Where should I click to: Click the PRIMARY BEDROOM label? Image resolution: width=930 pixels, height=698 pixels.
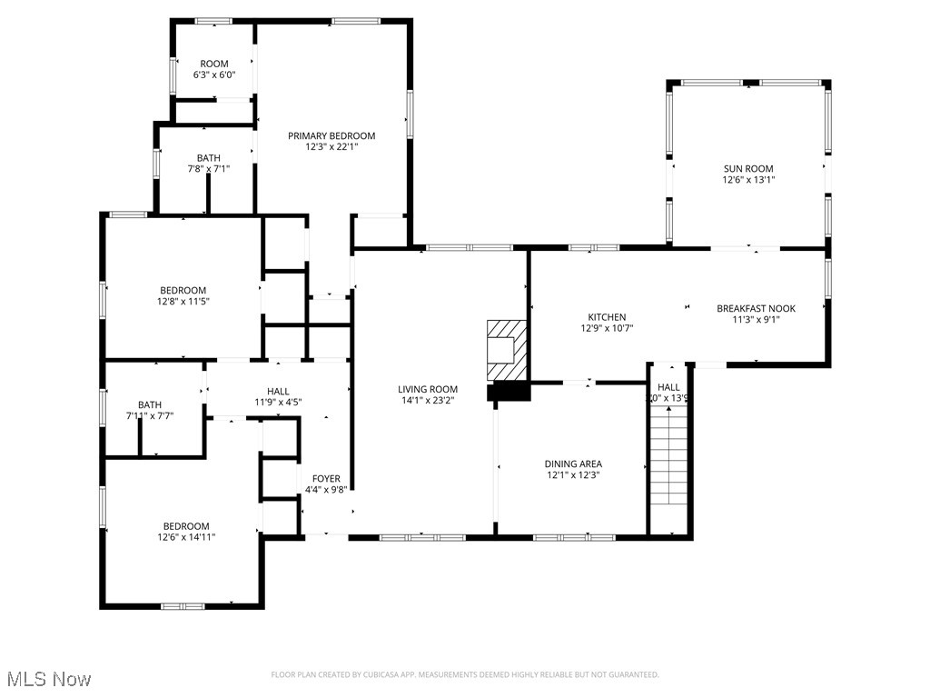click(331, 135)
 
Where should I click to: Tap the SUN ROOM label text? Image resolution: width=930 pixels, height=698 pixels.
click(748, 168)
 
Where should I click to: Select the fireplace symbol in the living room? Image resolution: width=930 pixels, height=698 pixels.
click(506, 351)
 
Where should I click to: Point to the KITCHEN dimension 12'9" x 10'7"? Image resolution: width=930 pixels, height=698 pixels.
click(607, 328)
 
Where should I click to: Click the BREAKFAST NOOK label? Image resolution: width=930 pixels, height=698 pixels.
click(756, 308)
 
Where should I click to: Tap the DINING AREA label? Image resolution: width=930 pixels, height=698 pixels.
click(573, 464)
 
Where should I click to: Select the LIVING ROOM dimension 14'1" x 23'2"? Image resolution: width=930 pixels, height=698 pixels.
click(427, 400)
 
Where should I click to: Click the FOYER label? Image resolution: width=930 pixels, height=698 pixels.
click(326, 479)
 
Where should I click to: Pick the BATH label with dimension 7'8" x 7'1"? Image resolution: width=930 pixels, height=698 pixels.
click(208, 158)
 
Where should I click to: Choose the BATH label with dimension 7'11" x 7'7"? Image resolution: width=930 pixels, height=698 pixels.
click(150, 405)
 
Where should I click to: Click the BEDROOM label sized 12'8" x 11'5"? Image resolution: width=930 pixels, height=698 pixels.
click(183, 291)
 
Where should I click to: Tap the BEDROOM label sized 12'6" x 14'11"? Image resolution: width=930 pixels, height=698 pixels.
click(186, 526)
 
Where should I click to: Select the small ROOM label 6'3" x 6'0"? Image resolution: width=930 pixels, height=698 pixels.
click(214, 64)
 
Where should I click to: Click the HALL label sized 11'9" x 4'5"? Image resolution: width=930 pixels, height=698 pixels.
click(278, 391)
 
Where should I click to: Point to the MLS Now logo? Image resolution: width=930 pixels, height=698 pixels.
click(48, 679)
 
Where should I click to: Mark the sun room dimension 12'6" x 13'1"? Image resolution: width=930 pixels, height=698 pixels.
click(748, 180)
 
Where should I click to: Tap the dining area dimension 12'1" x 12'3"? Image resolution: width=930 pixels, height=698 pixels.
click(573, 474)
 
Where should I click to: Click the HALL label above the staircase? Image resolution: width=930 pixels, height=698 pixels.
click(668, 387)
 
